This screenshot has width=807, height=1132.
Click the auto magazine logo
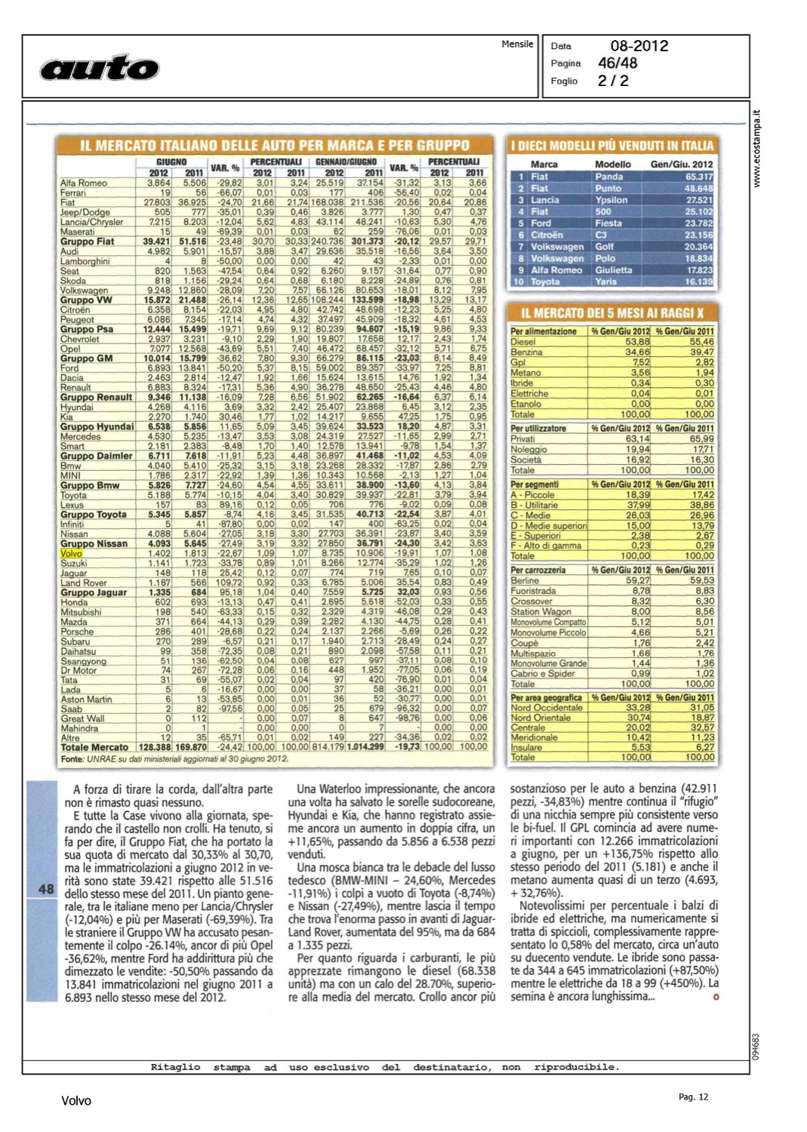pyautogui.click(x=99, y=69)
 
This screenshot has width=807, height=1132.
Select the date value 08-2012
pyautogui.click(x=639, y=46)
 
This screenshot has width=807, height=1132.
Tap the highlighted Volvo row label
pyautogui.click(x=71, y=554)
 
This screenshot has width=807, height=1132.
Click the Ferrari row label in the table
pyautogui.click(x=73, y=193)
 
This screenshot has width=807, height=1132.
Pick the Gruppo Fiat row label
pyautogui.click(x=87, y=241)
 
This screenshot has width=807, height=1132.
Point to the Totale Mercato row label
pyautogui.click(x=94, y=747)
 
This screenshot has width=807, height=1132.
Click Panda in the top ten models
pyautogui.click(x=608, y=177)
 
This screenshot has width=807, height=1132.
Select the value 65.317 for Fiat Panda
pyautogui.click(x=698, y=177)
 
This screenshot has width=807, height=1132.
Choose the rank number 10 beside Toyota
pyautogui.click(x=518, y=281)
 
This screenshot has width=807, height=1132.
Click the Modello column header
pyautogui.click(x=612, y=164)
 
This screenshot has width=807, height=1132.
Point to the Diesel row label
pyautogui.click(x=523, y=342)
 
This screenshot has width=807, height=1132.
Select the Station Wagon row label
pyautogui.click(x=541, y=612)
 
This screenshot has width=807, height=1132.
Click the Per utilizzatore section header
pyautogui.click(x=538, y=429)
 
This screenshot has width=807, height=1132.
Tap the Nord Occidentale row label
pyautogui.click(x=547, y=708)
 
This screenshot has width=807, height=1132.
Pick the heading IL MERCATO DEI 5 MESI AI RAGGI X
pyautogui.click(x=612, y=313)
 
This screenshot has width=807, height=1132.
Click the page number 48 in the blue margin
pyautogui.click(x=46, y=889)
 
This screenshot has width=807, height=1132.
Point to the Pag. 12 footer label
pyautogui.click(x=692, y=1097)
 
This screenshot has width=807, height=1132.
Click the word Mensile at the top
pyautogui.click(x=517, y=45)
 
